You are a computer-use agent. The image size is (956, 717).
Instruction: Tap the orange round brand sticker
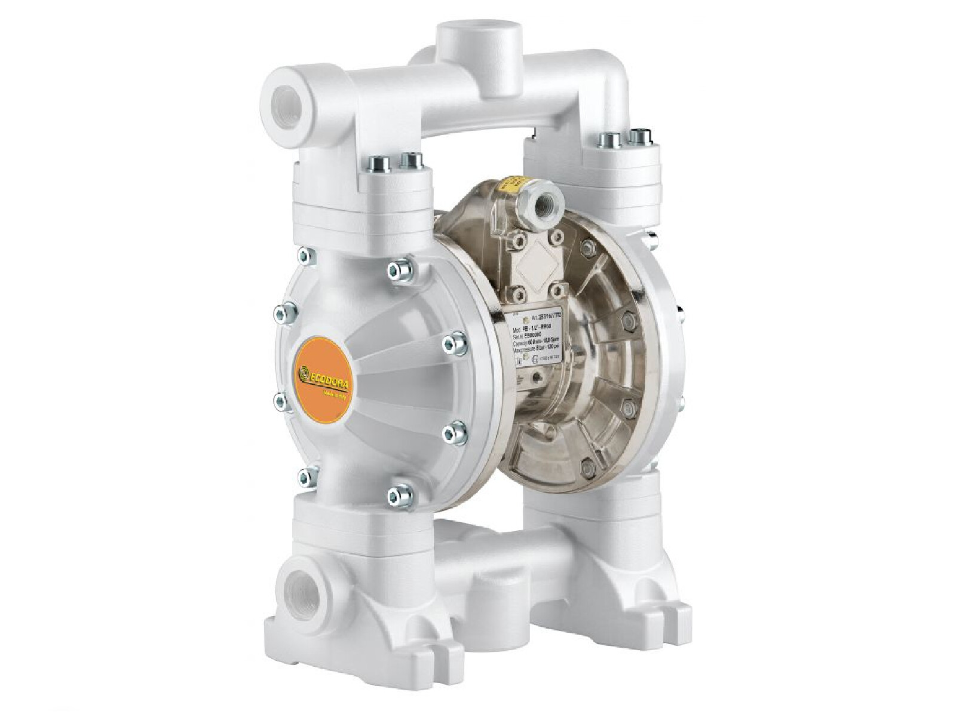pos(328,371)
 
